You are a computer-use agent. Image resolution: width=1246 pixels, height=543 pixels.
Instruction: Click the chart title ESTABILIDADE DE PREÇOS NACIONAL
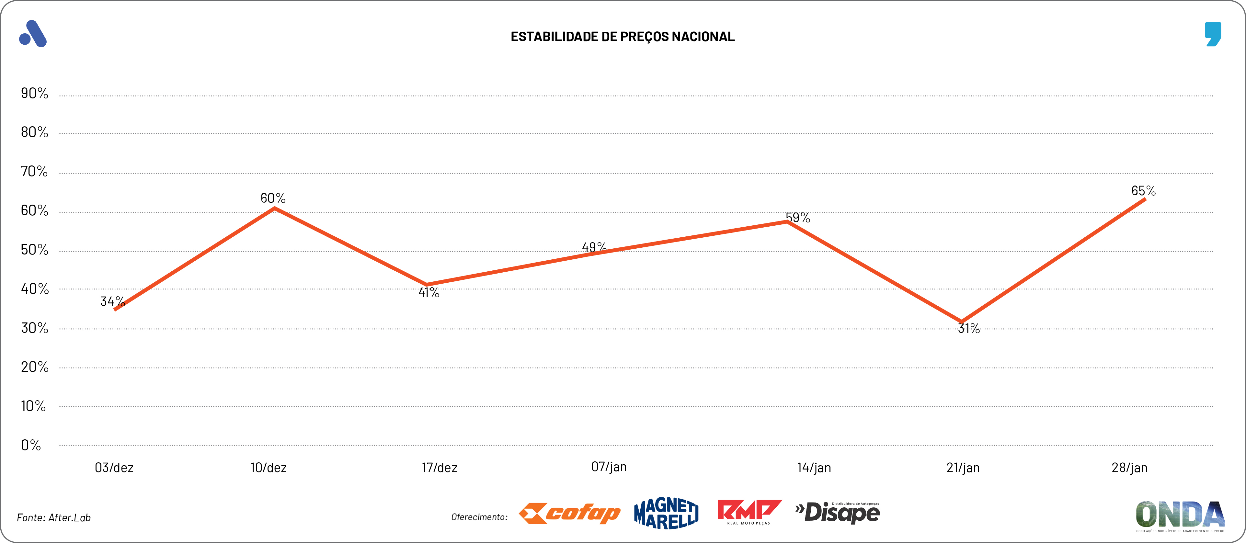pyautogui.click(x=623, y=37)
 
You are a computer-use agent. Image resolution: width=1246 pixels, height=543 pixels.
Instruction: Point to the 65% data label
pyautogui.click(x=1143, y=191)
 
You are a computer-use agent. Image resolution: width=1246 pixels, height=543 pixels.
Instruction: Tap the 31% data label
pyautogui.click(x=968, y=329)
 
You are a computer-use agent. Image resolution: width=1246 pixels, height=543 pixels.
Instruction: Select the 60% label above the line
pyautogui.click(x=273, y=198)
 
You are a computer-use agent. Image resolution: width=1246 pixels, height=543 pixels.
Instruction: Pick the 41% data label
pyautogui.click(x=429, y=292)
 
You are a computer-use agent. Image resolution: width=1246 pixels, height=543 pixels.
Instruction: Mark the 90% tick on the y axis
pyautogui.click(x=34, y=93)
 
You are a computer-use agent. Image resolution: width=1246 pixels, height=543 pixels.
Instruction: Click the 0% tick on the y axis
pyautogui.click(x=30, y=445)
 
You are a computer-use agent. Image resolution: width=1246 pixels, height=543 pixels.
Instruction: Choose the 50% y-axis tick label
pyautogui.click(x=34, y=250)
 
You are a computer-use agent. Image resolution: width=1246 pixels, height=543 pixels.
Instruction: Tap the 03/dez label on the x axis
pyautogui.click(x=114, y=468)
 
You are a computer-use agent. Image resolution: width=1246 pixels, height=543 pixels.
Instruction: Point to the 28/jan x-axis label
pyautogui.click(x=1129, y=468)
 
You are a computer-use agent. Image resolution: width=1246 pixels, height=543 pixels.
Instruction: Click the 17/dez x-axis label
pyautogui.click(x=439, y=468)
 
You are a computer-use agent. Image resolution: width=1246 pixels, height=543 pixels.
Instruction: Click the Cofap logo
pyautogui.click(x=569, y=514)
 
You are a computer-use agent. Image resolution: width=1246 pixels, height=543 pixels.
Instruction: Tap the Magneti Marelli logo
pyautogui.click(x=666, y=514)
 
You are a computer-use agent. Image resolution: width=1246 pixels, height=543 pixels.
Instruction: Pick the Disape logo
pyautogui.click(x=838, y=513)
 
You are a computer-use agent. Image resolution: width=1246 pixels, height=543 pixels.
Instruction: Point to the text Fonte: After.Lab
pyautogui.click(x=54, y=518)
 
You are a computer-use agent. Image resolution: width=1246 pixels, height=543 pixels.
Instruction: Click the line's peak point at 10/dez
pyautogui.click(x=275, y=209)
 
